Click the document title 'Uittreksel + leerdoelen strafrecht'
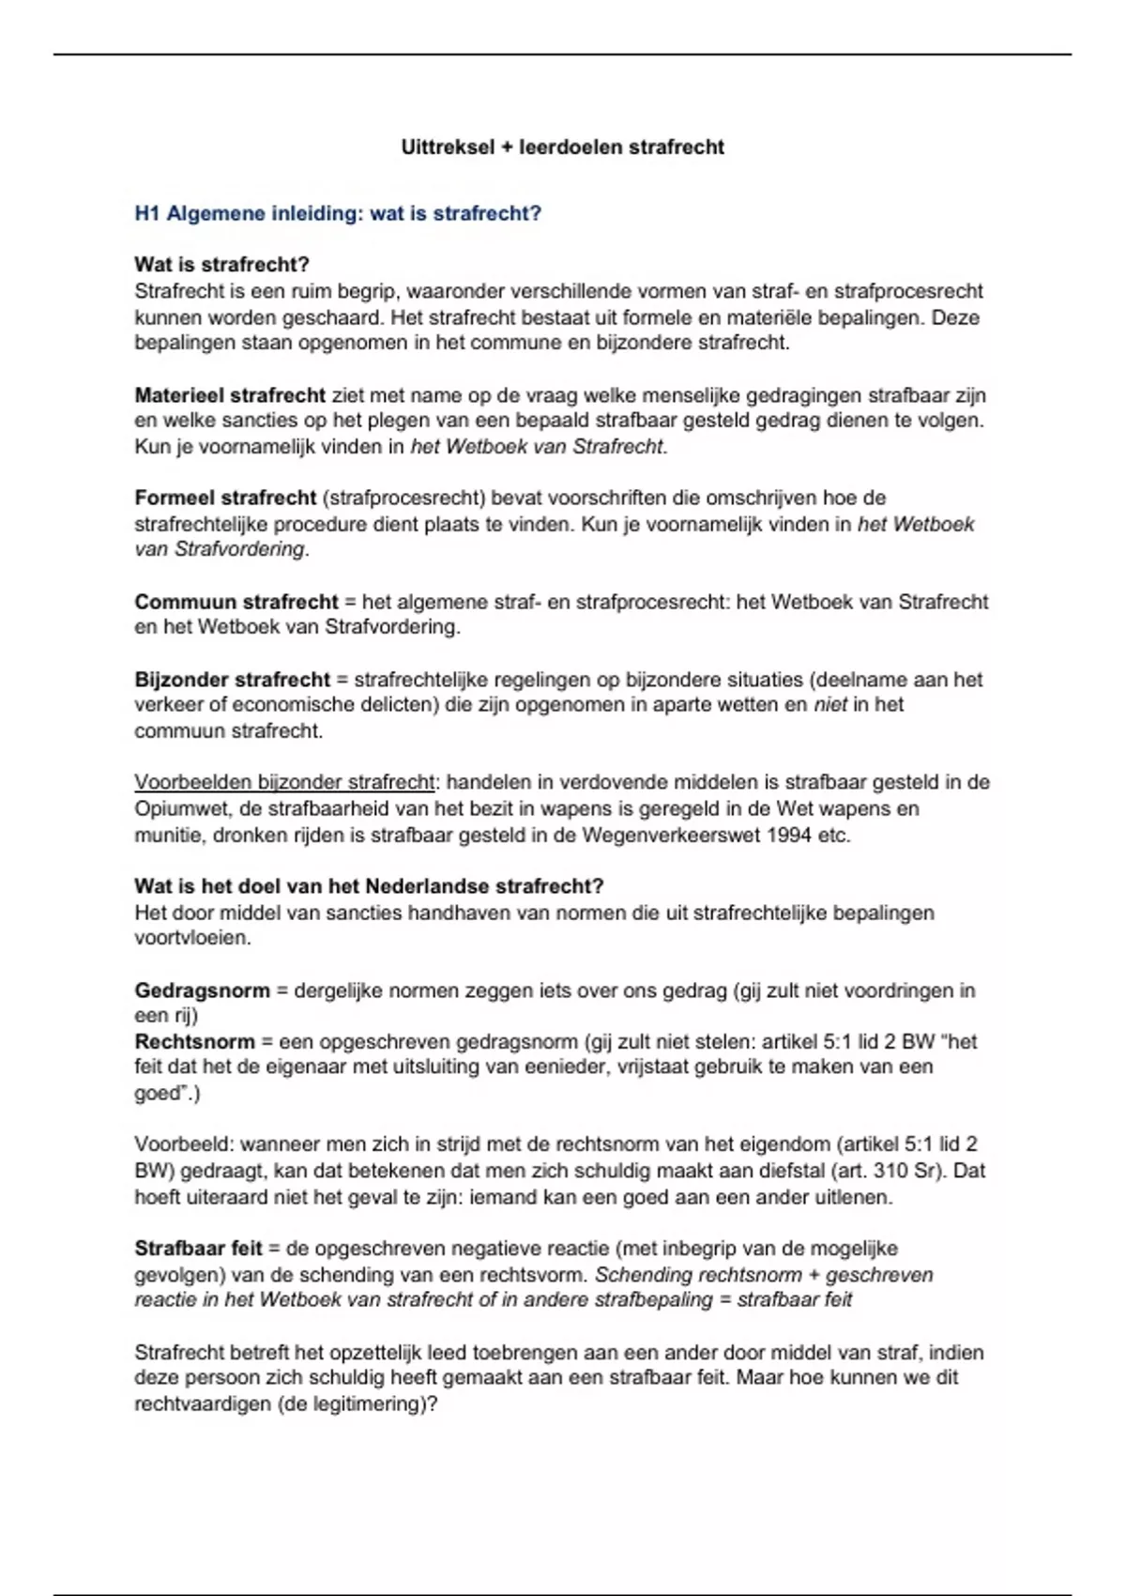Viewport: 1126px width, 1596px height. pos(562,147)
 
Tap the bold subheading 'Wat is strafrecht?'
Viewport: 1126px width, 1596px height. pos(221,265)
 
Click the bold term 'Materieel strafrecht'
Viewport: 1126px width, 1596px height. pos(230,395)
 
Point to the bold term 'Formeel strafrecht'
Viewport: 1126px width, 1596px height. pos(224,498)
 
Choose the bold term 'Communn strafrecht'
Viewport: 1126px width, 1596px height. pos(236,602)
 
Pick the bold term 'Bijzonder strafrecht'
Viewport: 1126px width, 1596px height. pos(232,680)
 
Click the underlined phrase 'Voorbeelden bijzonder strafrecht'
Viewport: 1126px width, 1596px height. pos(284,782)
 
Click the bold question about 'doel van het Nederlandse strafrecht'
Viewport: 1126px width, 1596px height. pos(369,886)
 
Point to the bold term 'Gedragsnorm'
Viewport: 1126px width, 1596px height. pos(202,990)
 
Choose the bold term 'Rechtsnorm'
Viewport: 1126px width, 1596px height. pos(194,1041)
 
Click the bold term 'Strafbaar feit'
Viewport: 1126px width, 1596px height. pos(198,1249)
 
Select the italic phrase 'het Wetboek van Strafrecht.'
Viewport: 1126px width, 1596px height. pos(539,447)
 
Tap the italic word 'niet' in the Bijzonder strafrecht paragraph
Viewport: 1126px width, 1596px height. pos(830,704)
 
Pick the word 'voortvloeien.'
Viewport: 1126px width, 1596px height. pos(192,938)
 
